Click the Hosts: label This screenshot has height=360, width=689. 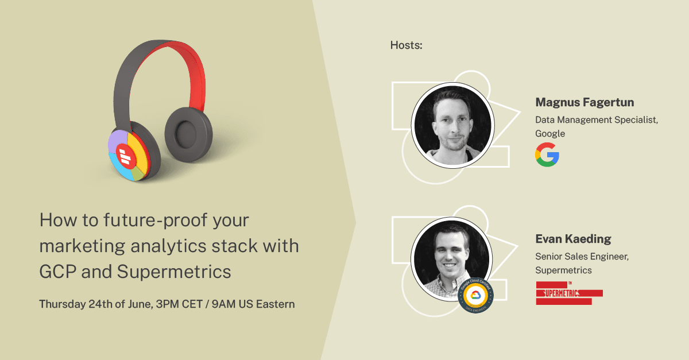coord(406,45)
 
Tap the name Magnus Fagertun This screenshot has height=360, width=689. coord(585,102)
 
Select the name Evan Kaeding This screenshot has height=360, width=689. coord(573,239)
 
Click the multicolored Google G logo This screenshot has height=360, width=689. coord(547,154)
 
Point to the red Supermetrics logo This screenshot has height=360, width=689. coord(569,293)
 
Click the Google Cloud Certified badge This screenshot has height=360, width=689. coord(475,295)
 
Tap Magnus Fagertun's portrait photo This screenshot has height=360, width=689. coord(453,125)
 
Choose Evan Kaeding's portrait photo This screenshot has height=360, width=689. coord(451,259)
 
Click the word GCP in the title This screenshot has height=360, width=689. coord(58,272)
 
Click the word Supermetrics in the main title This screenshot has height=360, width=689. coord(174,272)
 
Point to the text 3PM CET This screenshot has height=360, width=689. coord(179,304)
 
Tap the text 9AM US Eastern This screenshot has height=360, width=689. coord(253,304)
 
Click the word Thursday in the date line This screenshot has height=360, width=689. coord(63,304)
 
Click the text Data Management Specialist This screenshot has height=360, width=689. coord(597,119)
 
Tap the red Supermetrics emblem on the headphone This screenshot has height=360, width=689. coord(126,156)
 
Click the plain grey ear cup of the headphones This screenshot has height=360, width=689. coord(188,134)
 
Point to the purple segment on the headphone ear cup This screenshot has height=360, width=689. coord(118,141)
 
